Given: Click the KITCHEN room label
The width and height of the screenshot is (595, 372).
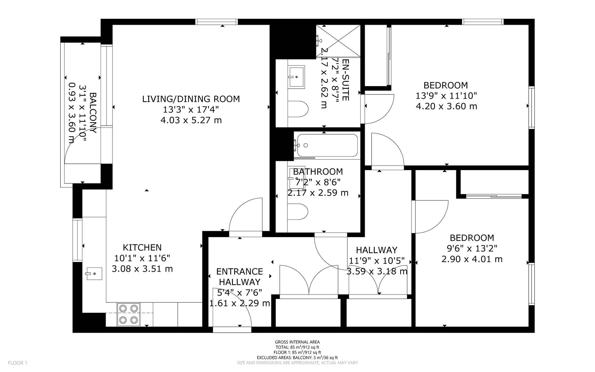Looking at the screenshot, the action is tap(142, 248).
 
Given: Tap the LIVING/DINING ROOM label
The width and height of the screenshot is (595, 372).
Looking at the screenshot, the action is tap(191, 99).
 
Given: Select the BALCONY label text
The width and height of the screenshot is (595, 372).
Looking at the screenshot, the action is tap(93, 113).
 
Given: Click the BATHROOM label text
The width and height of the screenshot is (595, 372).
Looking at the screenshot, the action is tap(318, 172).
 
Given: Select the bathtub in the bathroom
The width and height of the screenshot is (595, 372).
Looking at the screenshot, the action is tap(327, 145).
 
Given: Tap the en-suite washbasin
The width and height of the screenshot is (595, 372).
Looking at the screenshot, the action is tap(296, 77).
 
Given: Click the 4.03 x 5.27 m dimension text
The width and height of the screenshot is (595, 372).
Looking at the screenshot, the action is tap(191, 120).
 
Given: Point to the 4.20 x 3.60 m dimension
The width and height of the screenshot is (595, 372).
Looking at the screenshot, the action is tap(446, 106).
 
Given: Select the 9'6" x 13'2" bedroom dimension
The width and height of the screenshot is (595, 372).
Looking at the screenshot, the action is tap(472, 248).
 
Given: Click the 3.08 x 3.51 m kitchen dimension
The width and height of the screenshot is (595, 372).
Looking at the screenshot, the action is tap(142, 269).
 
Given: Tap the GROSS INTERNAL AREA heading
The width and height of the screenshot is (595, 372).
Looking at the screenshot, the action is tap(297, 342).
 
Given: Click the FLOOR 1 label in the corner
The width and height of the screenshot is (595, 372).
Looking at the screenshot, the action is tap(18, 363).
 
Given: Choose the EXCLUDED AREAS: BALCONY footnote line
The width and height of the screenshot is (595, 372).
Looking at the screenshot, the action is tap(297, 358).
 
